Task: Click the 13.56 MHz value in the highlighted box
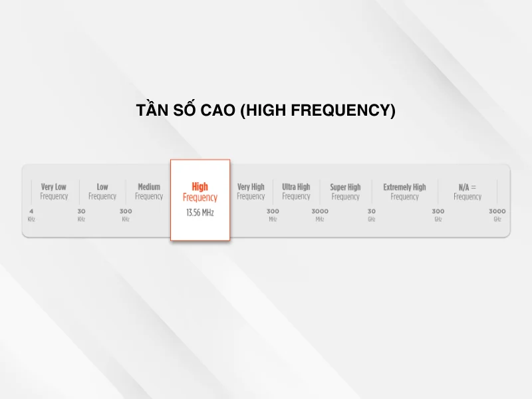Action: [200, 213]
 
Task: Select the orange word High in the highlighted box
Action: [199, 187]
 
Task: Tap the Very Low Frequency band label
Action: [54, 192]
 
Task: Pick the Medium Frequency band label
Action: [149, 192]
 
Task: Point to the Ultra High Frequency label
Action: [296, 192]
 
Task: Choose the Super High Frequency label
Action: [345, 192]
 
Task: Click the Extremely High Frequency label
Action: [404, 192]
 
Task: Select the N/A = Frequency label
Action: [467, 192]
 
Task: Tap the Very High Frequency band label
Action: [251, 192]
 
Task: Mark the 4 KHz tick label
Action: [31, 215]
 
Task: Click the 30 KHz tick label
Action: [81, 215]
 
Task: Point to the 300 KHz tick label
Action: [126, 215]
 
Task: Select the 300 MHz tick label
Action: [273, 215]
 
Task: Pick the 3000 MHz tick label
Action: [320, 215]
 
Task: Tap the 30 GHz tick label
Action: [372, 215]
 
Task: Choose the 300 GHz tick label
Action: [438, 215]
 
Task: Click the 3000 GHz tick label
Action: [497, 215]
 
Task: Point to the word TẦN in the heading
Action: [152, 110]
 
